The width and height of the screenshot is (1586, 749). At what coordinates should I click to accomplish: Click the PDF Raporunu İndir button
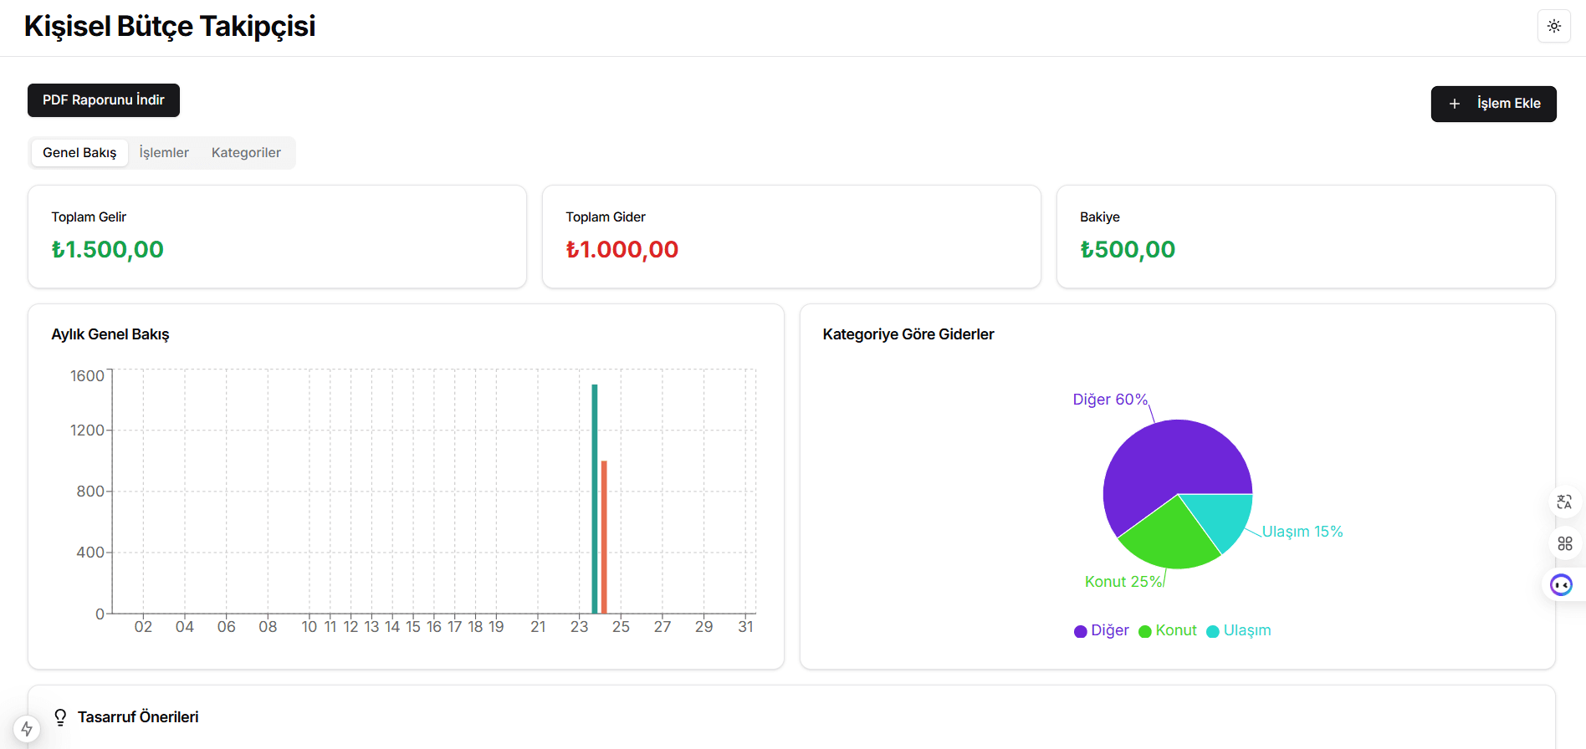(x=104, y=100)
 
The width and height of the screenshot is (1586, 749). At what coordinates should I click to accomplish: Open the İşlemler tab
(x=164, y=153)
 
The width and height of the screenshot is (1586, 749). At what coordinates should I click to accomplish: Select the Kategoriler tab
(x=246, y=153)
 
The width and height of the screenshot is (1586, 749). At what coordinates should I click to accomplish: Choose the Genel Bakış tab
(x=79, y=153)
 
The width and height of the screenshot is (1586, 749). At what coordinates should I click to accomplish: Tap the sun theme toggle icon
(x=1553, y=26)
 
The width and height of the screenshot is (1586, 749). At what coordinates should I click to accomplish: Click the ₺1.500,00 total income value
(x=108, y=250)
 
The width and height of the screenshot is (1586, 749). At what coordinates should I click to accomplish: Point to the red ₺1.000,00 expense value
(x=622, y=250)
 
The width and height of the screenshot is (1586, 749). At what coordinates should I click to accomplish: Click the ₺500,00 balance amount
(x=1128, y=250)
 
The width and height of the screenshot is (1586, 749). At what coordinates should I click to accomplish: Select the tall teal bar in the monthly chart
(x=595, y=502)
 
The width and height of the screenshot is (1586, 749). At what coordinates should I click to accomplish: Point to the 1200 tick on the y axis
(x=87, y=431)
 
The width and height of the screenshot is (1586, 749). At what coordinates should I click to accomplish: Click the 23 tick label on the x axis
(x=580, y=627)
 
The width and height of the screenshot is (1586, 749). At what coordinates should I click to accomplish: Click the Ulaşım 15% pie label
(x=1302, y=532)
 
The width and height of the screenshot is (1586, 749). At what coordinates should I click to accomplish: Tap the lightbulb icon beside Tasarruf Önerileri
(x=60, y=717)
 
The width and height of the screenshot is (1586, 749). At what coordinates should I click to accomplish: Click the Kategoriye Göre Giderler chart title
(x=908, y=334)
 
